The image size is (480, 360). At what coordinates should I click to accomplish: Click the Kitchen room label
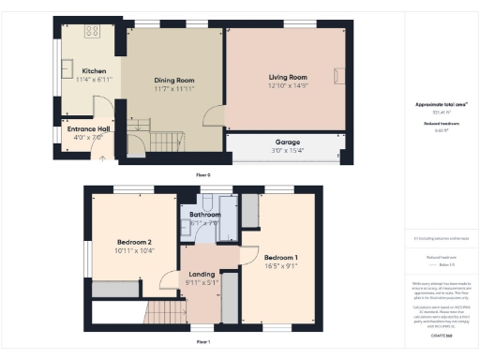pos(94,71)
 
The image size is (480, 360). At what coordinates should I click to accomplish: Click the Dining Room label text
pos(173,81)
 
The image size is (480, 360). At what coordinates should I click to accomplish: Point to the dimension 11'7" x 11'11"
pos(173,89)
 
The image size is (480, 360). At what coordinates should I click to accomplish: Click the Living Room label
pos(288,77)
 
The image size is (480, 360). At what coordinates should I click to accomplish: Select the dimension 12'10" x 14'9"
pos(288,85)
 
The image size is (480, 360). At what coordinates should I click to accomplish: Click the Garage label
pos(288,142)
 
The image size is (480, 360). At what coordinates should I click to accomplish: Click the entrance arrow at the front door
pos(101,157)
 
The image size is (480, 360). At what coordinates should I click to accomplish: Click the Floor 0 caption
pos(202,175)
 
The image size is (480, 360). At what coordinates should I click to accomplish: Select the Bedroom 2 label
pos(134,242)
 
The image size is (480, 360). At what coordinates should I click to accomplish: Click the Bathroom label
pos(204,215)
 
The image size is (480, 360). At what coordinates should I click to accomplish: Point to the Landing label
pos(202,274)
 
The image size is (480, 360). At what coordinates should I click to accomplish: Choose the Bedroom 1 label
pos(281,257)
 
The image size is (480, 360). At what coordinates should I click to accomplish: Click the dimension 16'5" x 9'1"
pos(281,265)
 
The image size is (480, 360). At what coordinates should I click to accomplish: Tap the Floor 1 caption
pos(202,342)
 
